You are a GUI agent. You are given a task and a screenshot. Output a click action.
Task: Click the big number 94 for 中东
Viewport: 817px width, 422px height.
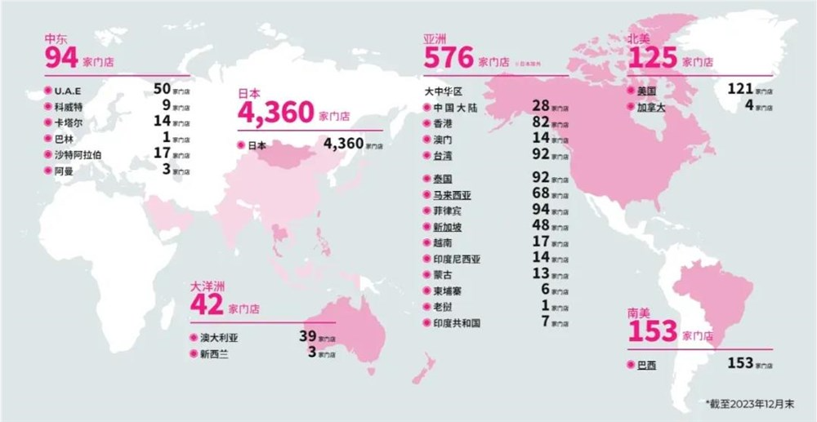[x=62, y=59]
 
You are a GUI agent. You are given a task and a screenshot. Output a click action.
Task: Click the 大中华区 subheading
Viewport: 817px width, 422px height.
[x=444, y=91]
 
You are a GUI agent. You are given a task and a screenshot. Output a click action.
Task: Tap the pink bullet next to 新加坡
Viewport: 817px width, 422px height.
[x=426, y=227]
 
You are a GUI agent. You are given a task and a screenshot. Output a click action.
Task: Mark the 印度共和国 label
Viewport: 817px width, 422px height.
[x=458, y=322]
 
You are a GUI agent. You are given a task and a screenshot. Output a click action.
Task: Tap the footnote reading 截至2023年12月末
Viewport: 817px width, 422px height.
[x=755, y=403]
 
